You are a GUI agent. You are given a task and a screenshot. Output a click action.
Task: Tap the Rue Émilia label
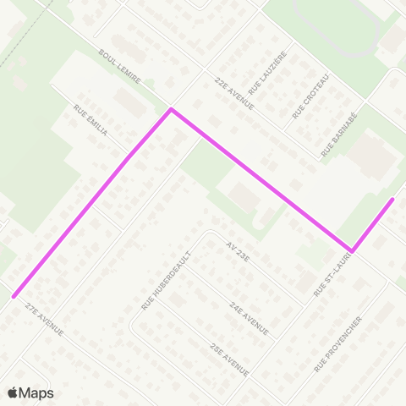coord(91,122)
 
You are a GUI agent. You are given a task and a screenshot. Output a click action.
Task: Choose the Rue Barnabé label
coord(341,134)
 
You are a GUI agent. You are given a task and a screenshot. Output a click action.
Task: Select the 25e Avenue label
coord(229,359)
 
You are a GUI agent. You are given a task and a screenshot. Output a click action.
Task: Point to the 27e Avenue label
coord(45,318)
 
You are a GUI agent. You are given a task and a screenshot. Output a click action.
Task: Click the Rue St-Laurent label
coord(331,277)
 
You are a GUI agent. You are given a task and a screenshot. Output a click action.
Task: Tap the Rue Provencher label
coord(338,343)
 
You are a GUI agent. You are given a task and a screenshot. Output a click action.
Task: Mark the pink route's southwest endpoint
coord(14,296)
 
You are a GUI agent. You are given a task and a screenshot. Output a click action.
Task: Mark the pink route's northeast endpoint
coord(392,200)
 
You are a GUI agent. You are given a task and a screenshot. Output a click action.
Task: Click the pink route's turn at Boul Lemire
coord(172,110)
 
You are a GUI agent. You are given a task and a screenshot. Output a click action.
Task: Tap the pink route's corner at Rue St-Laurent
coord(351,250)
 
